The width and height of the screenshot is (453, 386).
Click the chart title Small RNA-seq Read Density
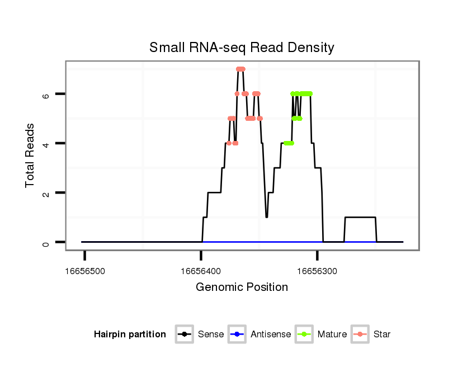pyautogui.click(x=242, y=48)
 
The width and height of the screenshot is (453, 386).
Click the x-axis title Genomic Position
pyautogui.click(x=242, y=288)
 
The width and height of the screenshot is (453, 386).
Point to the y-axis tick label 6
pyautogui.click(x=47, y=95)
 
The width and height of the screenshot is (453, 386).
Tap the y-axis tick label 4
pyautogui.click(x=47, y=144)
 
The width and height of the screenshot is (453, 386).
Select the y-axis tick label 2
pyautogui.click(x=47, y=193)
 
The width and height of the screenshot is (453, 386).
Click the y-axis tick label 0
pyautogui.click(x=47, y=242)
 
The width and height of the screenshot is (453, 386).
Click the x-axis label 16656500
pyautogui.click(x=85, y=271)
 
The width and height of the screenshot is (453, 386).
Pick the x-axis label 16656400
pyautogui.click(x=201, y=271)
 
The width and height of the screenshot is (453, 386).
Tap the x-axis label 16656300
pyautogui.click(x=317, y=271)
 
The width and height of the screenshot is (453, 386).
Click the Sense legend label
pyautogui.click(x=211, y=335)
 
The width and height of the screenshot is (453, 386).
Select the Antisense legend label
pyautogui.click(x=271, y=335)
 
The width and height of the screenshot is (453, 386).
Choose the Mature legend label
pyautogui.click(x=332, y=335)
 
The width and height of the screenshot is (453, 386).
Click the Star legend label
pyautogui.click(x=381, y=335)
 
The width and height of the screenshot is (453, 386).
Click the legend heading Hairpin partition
pyautogui.click(x=130, y=335)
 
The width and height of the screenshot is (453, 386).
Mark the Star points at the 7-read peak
pyautogui.click(x=240, y=69)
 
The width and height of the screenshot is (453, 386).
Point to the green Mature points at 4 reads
pyautogui.click(x=289, y=143)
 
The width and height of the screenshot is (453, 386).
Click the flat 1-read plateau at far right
pyautogui.click(x=360, y=217)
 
